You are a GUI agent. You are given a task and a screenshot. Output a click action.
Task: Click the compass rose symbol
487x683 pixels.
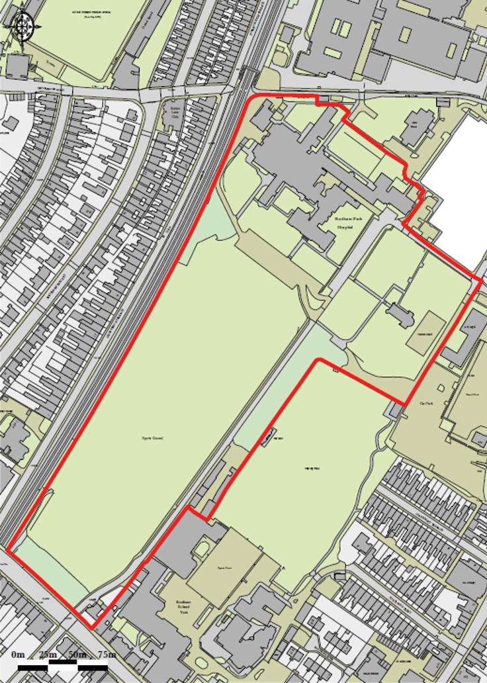coord(24,26)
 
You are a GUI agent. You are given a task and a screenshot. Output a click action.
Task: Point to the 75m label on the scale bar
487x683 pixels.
coord(107,655)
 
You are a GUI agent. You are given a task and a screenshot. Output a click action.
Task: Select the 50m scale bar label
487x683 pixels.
coord(77,655)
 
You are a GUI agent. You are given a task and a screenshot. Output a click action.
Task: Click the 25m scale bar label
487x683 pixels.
coord(48,655)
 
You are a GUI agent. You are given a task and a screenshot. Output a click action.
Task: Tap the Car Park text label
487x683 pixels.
coord(425,403)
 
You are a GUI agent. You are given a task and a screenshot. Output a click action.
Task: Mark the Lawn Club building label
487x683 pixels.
coord(175,113)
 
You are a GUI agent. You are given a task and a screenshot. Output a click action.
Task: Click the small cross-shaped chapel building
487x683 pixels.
coord(398,312)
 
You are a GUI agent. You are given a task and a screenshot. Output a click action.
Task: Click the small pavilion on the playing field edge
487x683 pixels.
coord(268,437)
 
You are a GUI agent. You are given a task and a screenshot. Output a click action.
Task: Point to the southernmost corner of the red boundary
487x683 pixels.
coord(91,627)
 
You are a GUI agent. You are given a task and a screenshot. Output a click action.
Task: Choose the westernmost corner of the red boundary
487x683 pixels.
coord(8,547)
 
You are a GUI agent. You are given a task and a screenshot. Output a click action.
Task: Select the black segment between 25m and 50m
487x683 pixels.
coord(63,666)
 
